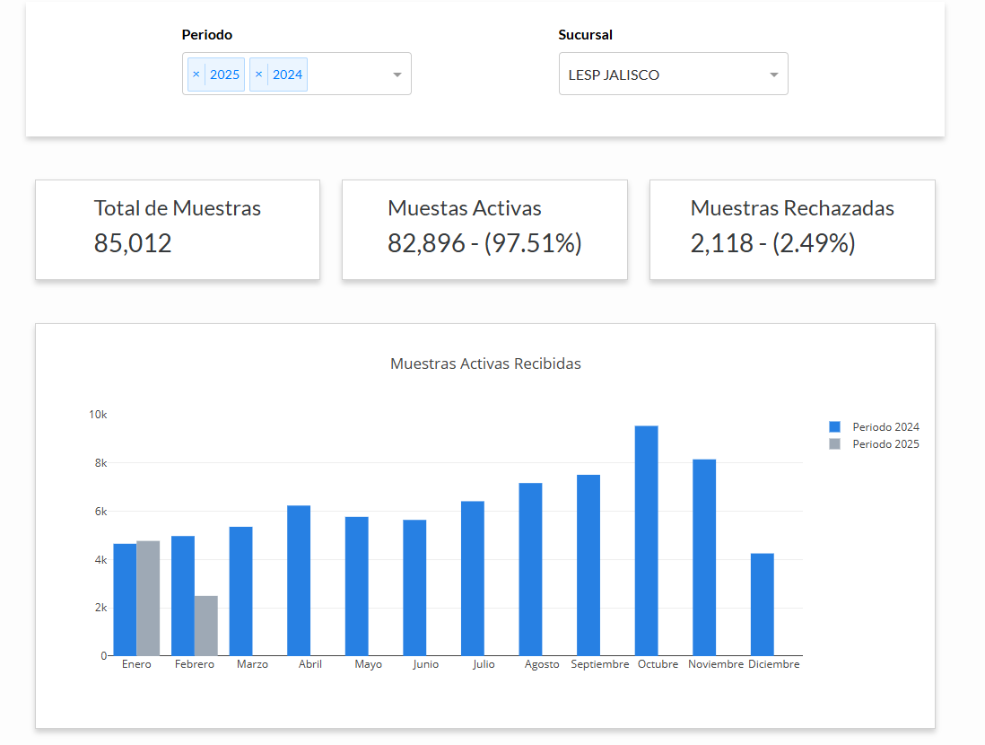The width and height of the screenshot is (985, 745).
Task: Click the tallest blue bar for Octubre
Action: (646, 540)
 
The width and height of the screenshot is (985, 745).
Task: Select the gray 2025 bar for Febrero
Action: (206, 626)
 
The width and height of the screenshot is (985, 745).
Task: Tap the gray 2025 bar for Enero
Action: (148, 598)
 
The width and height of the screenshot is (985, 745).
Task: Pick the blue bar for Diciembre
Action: (762, 604)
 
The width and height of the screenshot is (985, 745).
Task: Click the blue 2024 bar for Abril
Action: (299, 581)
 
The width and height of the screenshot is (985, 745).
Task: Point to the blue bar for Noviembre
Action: (704, 557)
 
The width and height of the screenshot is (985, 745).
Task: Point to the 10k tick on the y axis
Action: (98, 415)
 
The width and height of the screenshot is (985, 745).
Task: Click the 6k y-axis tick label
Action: (99, 512)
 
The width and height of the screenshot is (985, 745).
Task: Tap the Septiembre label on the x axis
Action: (600, 665)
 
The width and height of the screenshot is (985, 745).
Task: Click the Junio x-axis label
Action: (426, 665)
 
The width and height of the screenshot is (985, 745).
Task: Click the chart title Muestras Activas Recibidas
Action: (485, 364)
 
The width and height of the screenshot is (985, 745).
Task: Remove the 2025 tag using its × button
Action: (196, 74)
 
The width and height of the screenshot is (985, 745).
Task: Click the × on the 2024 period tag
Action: (259, 74)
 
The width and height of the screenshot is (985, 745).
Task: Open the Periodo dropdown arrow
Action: (397, 74)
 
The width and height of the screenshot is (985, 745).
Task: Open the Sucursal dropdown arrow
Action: (774, 74)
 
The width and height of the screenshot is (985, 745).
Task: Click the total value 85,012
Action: (133, 243)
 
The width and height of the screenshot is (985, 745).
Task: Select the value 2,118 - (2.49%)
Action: (772, 243)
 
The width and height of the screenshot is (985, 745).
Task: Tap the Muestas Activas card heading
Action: (465, 208)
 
